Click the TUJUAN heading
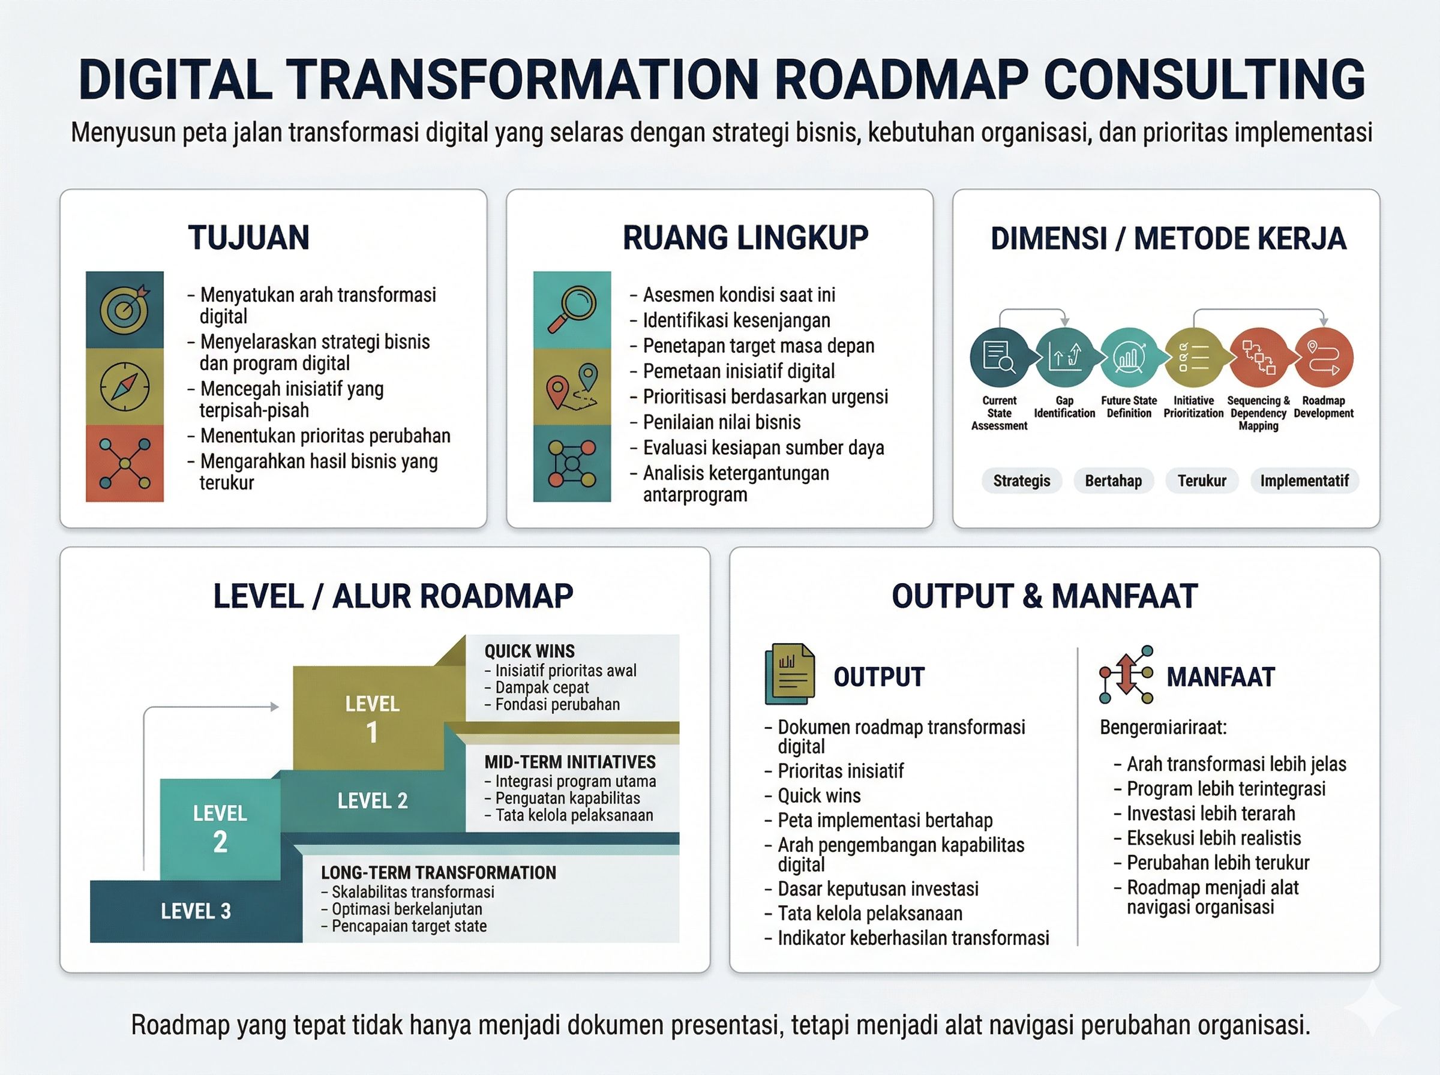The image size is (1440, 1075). click(248, 238)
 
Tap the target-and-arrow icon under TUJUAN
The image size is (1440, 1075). click(124, 309)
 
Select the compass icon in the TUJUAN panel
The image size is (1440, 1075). click(124, 386)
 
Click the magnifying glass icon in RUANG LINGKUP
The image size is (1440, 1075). click(572, 309)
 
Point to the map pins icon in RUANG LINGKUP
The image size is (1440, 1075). click(572, 386)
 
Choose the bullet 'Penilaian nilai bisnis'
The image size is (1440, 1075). click(722, 422)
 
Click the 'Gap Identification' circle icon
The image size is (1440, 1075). click(1064, 358)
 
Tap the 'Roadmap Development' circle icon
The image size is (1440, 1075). click(1324, 358)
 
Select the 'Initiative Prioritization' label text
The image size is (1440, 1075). click(1193, 407)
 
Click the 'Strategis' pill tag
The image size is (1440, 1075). click(1021, 481)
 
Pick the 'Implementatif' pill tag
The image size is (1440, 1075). click(1304, 481)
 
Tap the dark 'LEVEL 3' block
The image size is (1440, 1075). click(196, 911)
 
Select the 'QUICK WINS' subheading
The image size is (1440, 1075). click(529, 651)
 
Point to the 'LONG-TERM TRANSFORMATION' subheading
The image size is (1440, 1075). click(438, 873)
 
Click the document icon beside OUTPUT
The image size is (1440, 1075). click(789, 674)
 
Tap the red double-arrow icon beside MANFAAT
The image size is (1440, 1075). click(1126, 675)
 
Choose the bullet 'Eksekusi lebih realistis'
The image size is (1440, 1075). click(1214, 838)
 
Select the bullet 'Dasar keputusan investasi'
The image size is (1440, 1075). click(878, 889)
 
